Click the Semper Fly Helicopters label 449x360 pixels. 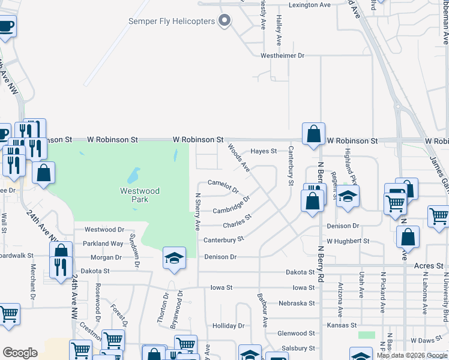172,22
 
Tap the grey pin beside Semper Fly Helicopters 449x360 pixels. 225,21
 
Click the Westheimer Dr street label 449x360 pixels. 283,56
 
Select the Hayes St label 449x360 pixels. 264,151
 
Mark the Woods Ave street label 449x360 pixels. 238,157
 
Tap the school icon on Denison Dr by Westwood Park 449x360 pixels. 174,259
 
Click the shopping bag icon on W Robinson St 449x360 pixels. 314,134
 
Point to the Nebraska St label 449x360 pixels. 297,303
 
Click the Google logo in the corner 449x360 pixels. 20,353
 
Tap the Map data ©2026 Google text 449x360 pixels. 412,355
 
